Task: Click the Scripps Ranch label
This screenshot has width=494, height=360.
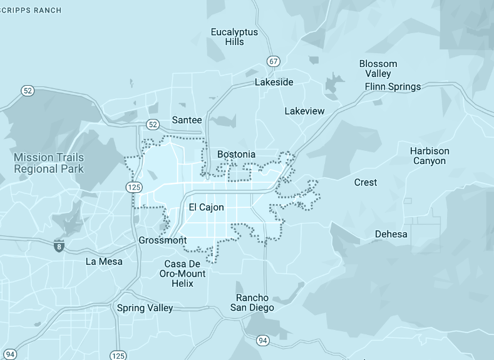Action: (x=31, y=10)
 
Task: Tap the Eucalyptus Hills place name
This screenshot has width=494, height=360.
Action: (x=234, y=37)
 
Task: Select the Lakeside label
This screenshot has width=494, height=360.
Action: (x=274, y=82)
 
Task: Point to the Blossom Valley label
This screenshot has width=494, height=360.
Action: (x=378, y=68)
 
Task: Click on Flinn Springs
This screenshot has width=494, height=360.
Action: (x=393, y=86)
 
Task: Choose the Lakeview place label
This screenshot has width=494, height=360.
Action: (x=304, y=111)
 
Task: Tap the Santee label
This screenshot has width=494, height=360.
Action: (x=187, y=120)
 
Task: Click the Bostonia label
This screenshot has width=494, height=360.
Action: (x=236, y=154)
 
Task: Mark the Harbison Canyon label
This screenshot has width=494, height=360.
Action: (x=430, y=156)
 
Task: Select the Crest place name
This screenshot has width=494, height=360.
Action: (x=365, y=182)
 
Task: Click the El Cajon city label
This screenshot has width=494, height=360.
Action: (x=206, y=207)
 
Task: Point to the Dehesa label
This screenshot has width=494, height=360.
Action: (x=391, y=234)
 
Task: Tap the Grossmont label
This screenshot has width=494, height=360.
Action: (x=162, y=240)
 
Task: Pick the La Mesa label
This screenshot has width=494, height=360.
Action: (x=104, y=261)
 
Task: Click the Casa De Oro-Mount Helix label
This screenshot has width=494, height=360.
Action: (x=183, y=274)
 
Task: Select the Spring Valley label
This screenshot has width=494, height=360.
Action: (x=145, y=308)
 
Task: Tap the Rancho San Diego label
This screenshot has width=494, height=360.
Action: (x=252, y=302)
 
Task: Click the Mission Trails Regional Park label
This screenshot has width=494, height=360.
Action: (x=49, y=163)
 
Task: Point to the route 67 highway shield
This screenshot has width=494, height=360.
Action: (x=273, y=61)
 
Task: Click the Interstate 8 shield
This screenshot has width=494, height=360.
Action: (x=59, y=246)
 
